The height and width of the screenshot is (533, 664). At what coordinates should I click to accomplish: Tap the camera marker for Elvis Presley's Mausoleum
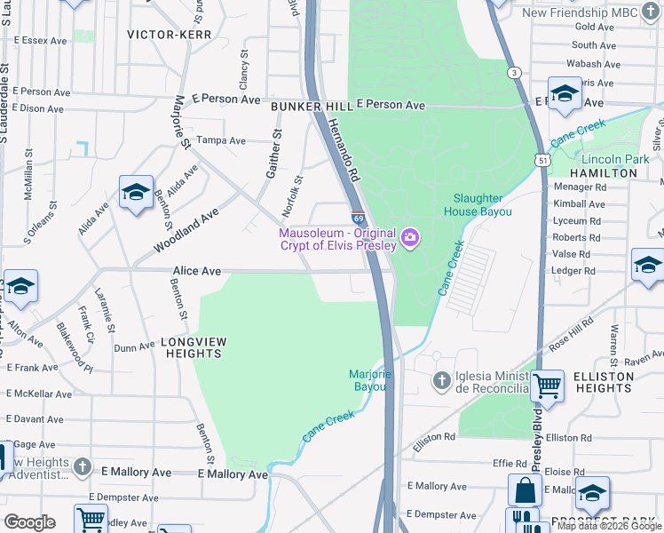(x=410, y=237)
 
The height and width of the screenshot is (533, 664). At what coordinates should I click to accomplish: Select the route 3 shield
(x=513, y=72)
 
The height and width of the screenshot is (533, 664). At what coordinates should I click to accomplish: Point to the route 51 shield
(x=541, y=159)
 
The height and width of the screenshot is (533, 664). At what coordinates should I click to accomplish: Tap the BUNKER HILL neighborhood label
(x=305, y=106)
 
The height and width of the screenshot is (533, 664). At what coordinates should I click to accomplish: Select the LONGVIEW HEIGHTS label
(x=191, y=347)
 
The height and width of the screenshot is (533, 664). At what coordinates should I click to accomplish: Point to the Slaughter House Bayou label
(x=483, y=205)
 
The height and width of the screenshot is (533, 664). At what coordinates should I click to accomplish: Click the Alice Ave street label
(x=196, y=271)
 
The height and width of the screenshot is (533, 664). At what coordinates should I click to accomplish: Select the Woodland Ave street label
(x=186, y=229)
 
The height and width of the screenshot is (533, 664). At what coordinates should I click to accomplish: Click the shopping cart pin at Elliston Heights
(x=547, y=386)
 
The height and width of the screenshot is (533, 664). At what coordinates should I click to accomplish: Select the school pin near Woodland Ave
(x=136, y=191)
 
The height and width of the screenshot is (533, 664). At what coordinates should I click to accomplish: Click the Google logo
(x=29, y=522)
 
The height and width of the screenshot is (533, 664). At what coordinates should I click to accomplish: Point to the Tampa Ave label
(x=220, y=140)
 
